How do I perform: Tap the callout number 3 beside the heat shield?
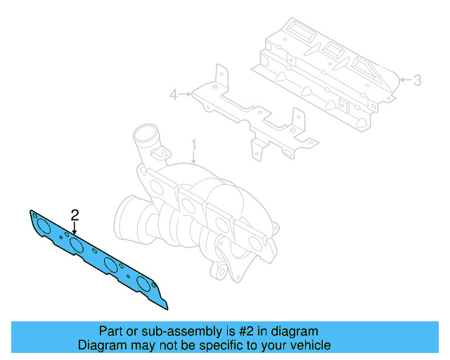(x=417, y=80)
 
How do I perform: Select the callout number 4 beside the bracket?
(x=173, y=93)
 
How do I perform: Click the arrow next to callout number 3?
(x=404, y=81)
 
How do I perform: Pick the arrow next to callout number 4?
(x=186, y=93)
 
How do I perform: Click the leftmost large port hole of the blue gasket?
(x=44, y=226)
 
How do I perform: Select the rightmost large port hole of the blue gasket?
(x=146, y=285)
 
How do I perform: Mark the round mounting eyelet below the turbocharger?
(x=223, y=271)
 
